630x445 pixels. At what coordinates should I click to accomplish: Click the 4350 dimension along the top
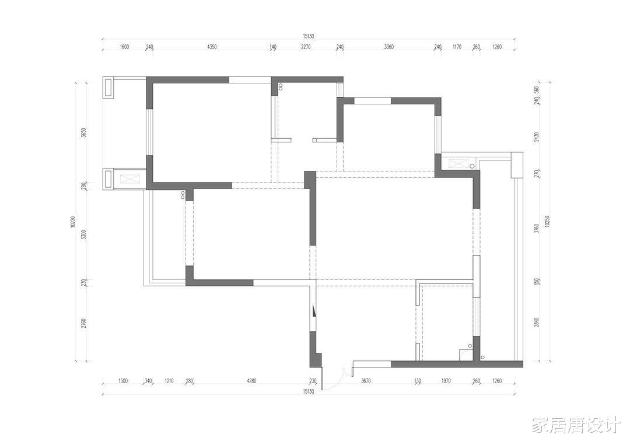[212, 47]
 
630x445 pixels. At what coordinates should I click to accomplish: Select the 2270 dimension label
[306, 47]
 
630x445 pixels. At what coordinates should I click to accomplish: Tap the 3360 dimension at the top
[388, 47]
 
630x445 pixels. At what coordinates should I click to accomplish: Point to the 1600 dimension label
[125, 47]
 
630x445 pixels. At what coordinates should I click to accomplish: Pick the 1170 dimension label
[457, 47]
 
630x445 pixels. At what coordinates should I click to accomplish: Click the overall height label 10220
[73, 222]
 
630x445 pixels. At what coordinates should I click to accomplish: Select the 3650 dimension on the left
[83, 132]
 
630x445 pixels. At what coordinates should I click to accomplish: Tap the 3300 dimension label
[83, 234]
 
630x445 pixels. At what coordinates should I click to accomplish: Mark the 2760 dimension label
[83, 323]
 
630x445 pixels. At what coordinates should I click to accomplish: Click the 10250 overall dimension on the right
[547, 221]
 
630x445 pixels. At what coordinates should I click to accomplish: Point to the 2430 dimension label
[537, 137]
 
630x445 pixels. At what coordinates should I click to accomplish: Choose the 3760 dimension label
[537, 229]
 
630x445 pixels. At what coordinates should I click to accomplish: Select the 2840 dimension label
[537, 322]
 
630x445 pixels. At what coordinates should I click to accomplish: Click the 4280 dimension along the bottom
[251, 381]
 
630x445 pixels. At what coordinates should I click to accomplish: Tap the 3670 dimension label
[366, 381]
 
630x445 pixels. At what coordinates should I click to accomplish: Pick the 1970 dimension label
[446, 381]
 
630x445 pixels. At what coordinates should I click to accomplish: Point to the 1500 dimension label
[123, 381]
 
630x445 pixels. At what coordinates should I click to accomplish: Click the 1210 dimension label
[169, 381]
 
